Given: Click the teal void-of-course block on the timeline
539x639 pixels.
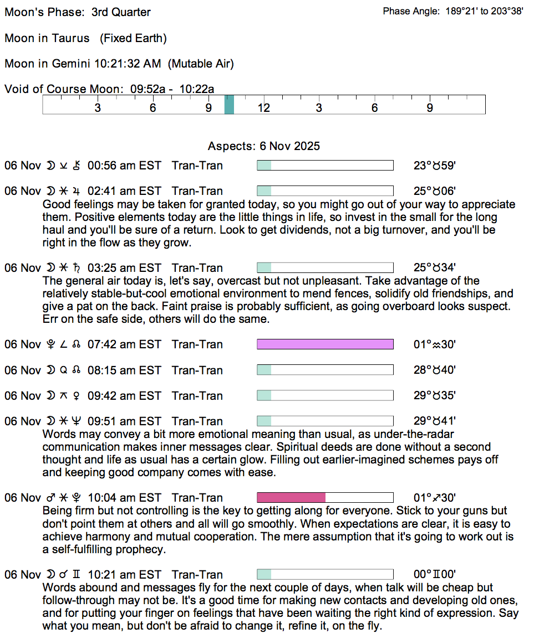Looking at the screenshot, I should point(229,105).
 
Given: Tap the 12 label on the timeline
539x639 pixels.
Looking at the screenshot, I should point(263,108).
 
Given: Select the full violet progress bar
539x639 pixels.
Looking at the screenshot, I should point(325,344).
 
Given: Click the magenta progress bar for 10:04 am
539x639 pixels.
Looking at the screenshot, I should point(291,497).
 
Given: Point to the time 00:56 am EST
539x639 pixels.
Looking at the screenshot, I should point(124,166).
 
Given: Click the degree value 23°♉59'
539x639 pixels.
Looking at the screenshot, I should point(435,166).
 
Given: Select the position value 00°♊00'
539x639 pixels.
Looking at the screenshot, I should point(435,575).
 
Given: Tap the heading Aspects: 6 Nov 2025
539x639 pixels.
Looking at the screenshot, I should point(263,147).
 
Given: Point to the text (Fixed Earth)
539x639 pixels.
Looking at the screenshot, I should point(133,38).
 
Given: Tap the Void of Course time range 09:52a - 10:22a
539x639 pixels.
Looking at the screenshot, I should point(172,89).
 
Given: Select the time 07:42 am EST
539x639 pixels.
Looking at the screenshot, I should point(124,344).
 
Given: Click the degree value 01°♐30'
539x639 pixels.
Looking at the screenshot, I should point(435,498).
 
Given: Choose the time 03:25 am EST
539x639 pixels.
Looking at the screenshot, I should point(124,268).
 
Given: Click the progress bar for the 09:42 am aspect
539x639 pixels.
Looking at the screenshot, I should point(325,395).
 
